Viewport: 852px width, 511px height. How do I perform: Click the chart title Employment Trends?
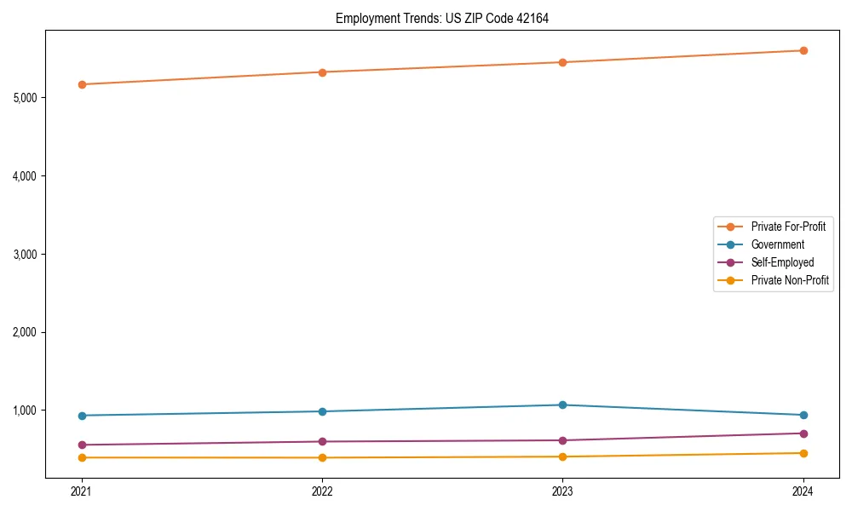point(436,18)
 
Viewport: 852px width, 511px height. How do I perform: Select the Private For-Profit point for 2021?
point(82,84)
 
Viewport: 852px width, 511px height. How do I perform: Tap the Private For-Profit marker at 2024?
point(803,50)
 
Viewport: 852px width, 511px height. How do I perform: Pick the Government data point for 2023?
point(562,405)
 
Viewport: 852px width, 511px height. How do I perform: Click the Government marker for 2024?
point(803,415)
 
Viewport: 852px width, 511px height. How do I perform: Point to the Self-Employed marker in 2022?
point(322,441)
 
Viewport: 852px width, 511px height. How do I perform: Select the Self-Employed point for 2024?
point(803,433)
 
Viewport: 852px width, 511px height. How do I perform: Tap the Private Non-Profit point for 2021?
point(82,457)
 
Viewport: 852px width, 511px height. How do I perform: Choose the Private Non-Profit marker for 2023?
point(562,456)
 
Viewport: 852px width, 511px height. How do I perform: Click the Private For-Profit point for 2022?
point(322,72)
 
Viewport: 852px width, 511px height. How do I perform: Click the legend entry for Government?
point(777,244)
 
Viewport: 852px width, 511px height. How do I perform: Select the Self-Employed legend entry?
point(782,262)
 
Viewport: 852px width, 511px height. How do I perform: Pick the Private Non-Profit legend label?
point(790,280)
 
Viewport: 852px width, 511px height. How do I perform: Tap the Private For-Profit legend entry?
point(787,227)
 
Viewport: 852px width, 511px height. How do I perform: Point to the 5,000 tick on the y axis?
point(25,98)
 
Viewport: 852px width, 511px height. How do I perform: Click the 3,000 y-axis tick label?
point(25,254)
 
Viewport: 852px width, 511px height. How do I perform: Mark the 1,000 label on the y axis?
point(25,411)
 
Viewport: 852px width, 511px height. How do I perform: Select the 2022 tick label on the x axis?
point(322,491)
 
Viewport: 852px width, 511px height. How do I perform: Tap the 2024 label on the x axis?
point(803,491)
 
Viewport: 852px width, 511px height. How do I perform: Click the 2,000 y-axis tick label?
point(25,332)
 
